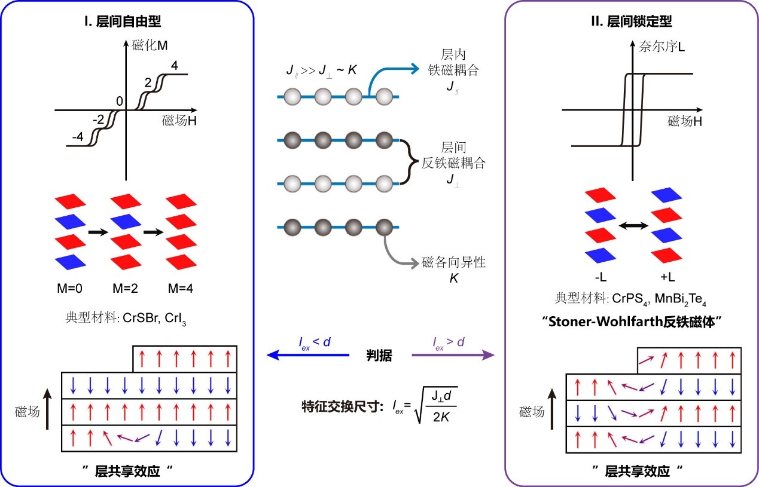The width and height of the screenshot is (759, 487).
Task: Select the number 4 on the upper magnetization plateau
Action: pos(175,65)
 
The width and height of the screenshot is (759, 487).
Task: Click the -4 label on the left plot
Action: pos(77,137)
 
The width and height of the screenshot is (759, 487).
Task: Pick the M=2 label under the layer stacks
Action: pos(126,289)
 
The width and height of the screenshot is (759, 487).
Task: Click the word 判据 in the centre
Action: pos(379,356)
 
